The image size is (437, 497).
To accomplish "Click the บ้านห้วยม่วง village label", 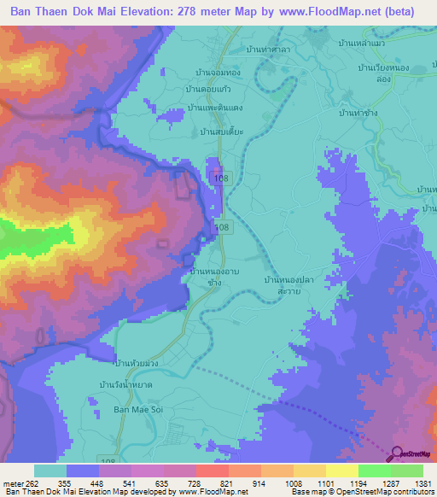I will [x=141, y=363].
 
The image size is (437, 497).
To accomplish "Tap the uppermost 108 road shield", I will [x=221, y=178].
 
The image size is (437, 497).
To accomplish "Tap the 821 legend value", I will [x=222, y=482].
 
